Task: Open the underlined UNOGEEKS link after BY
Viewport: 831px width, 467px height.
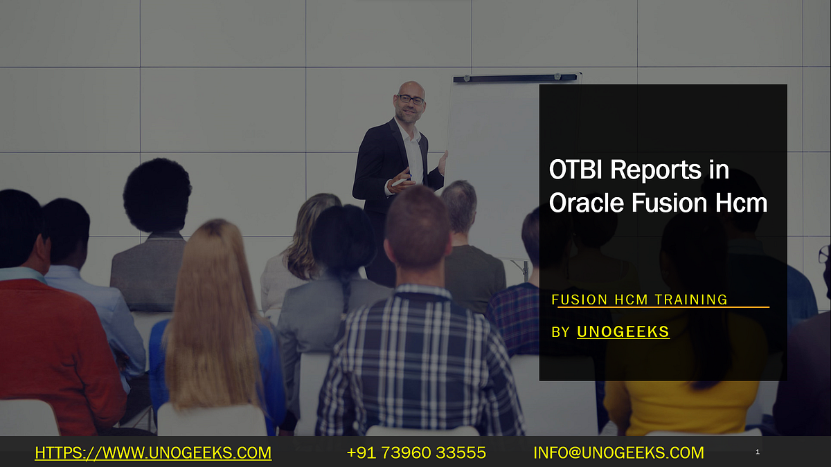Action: click(x=623, y=332)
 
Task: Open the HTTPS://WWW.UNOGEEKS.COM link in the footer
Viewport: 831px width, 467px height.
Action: click(x=153, y=453)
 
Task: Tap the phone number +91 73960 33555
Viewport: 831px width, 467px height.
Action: click(x=416, y=453)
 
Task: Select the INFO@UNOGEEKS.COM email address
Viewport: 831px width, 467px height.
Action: click(x=618, y=453)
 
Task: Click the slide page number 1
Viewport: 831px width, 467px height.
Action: click(x=758, y=452)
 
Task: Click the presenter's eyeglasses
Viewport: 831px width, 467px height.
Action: click(x=411, y=100)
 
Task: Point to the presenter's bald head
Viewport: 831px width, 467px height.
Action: click(x=411, y=89)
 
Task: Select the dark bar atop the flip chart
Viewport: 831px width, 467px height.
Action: click(x=515, y=78)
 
